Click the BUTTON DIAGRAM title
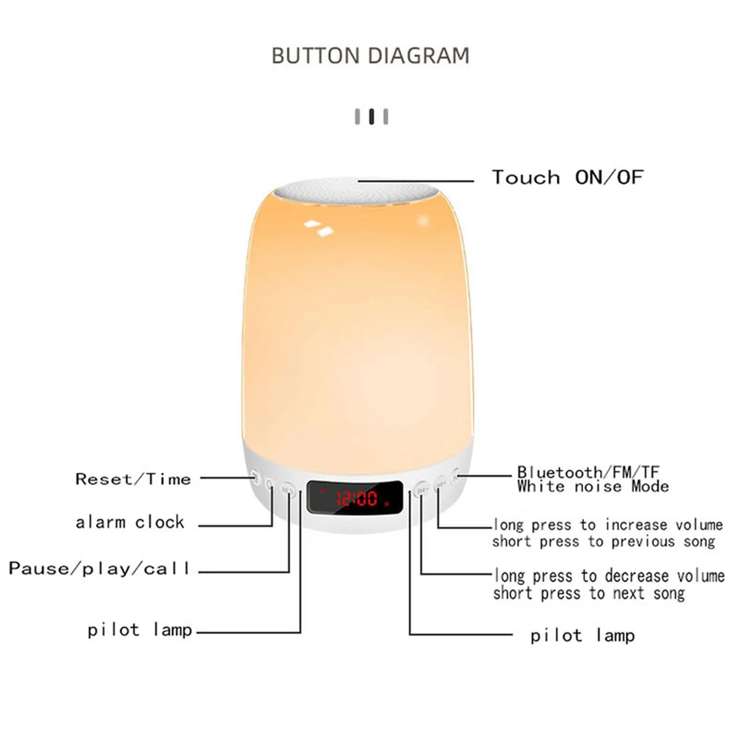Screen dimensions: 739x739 point(370,55)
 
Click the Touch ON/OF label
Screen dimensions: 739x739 point(567,177)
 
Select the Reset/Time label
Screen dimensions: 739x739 point(133,479)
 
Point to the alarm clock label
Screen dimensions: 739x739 point(130,522)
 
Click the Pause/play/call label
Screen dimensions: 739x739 point(99,568)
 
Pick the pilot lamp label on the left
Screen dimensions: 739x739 point(140,629)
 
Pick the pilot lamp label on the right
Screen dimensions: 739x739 point(582,635)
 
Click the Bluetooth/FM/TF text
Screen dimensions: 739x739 point(588,472)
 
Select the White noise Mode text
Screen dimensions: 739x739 point(593,487)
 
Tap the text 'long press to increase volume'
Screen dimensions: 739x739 point(608,525)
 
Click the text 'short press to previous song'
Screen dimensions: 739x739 point(604,541)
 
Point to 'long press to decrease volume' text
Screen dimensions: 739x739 point(609,576)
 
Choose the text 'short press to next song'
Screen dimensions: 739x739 point(589,593)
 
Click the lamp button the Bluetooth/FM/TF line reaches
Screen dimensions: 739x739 point(456,475)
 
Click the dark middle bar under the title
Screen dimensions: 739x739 point(371,116)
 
